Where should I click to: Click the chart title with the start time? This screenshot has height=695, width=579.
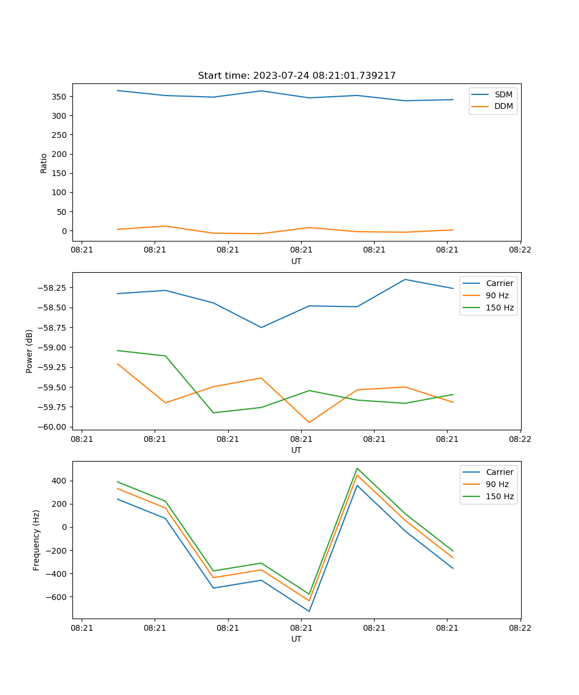coord(296,76)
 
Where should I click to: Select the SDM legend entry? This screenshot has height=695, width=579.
coord(503,94)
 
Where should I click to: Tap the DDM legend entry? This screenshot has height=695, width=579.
coord(503,106)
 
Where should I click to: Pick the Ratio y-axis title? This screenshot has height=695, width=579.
coord(44,163)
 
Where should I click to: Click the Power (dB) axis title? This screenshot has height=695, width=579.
coord(30,351)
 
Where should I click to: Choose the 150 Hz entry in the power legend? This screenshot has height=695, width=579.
coord(500,308)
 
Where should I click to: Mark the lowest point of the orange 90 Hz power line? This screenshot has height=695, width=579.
coord(309,422)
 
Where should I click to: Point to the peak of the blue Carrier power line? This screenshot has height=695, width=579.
coord(405,280)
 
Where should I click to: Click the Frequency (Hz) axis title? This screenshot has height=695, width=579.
coord(36,540)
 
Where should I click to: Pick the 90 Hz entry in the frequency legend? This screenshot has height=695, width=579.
coord(497,484)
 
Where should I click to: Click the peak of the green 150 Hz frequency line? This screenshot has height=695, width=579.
coord(357,469)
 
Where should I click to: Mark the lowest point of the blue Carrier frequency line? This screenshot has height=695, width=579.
coord(309,611)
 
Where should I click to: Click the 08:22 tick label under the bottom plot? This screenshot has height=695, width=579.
coord(520,628)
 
